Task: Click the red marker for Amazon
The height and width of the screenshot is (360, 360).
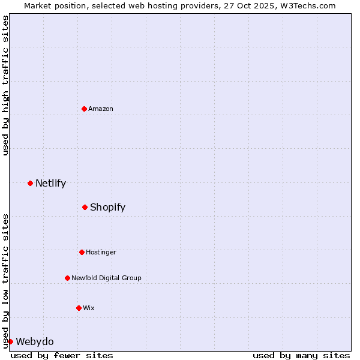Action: [84, 109]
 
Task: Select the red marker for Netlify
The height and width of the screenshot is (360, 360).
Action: [30, 183]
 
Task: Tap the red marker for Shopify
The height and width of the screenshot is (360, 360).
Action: [85, 207]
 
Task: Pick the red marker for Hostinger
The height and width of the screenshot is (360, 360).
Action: [82, 252]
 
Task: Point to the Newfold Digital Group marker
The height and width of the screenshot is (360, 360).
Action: [67, 278]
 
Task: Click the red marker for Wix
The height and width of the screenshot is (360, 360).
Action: [79, 308]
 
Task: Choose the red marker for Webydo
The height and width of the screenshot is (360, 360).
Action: [10, 341]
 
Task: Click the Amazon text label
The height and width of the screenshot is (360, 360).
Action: [101, 109]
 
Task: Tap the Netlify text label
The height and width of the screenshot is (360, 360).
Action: [50, 183]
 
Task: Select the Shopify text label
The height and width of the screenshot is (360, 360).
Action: [107, 207]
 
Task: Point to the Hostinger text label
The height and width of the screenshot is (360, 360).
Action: [101, 252]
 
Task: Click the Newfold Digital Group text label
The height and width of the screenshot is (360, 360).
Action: [106, 278]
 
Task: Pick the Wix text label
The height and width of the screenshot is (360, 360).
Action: [89, 308]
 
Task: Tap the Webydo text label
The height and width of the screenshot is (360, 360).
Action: [35, 341]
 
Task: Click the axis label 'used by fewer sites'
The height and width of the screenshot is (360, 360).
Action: [62, 355]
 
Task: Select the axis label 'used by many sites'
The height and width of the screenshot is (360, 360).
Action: [301, 355]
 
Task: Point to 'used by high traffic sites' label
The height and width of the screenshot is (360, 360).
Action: [5, 85]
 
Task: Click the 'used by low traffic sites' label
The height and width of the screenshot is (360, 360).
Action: [5, 280]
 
